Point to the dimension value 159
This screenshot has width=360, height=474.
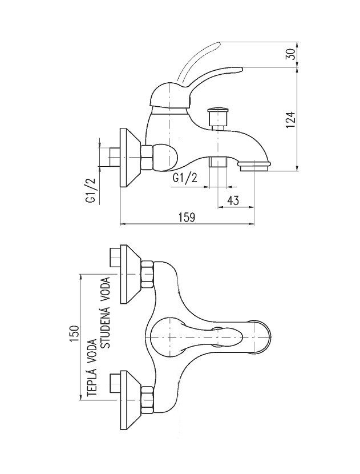pos(187,217)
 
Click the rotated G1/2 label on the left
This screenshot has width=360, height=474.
pos(90,190)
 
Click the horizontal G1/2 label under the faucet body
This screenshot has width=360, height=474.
pos(186,178)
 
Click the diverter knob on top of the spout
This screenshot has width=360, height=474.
pos(217,118)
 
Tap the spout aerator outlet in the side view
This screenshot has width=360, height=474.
pos(254,166)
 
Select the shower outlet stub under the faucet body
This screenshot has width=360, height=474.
pos(216,163)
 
